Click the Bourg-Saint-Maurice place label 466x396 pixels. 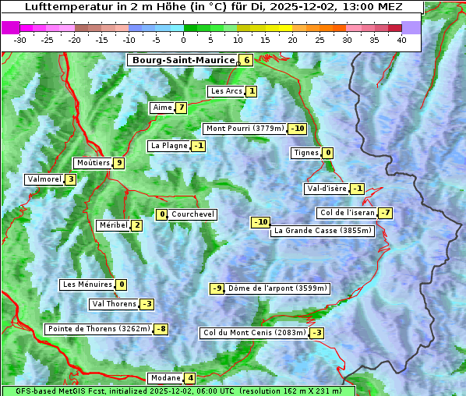pos(183,60)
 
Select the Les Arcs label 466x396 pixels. pos(227,91)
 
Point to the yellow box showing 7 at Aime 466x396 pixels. pos(181,108)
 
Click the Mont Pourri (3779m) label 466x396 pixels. pos(245,129)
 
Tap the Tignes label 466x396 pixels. pos(305,153)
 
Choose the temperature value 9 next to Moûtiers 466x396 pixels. pos(118,163)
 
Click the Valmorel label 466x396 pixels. pos(44,179)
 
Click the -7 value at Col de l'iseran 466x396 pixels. pos(385,214)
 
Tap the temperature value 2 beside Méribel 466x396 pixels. pos(136,225)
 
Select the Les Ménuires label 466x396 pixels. pos(86,285)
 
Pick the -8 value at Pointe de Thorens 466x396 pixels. pos(161,329)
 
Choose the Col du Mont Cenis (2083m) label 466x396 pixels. pos(254,333)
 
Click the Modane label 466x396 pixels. pos(164,378)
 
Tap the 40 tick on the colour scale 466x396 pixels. pos(401,39)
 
